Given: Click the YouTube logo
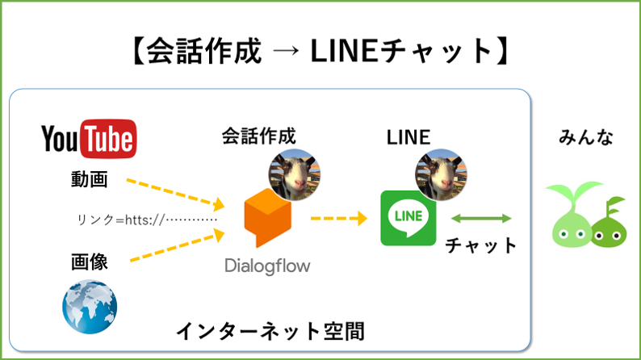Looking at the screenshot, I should click(x=88, y=139).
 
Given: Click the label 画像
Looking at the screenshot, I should click(x=89, y=262).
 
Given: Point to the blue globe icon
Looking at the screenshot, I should click(x=90, y=304).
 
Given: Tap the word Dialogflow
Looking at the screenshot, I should click(x=267, y=266).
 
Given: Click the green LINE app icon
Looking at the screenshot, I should click(x=408, y=218).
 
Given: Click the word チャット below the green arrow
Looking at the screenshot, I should click(x=481, y=245).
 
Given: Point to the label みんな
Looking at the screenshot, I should click(x=586, y=138).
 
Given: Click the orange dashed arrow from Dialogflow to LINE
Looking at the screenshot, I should click(x=339, y=218).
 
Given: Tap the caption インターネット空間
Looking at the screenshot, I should click(x=270, y=331).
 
